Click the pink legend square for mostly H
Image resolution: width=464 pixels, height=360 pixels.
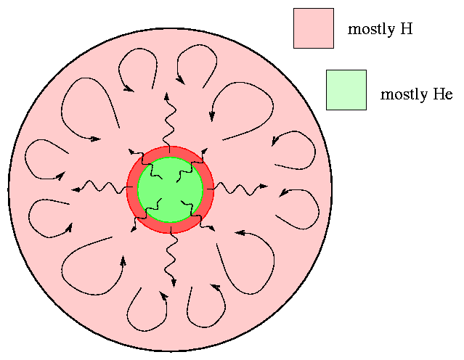[314, 28]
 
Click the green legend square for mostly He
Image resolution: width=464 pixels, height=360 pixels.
[346, 90]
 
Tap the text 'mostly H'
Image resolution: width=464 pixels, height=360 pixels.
[380, 29]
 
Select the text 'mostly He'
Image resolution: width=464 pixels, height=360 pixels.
[416, 94]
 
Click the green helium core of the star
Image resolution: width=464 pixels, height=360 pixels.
[170, 189]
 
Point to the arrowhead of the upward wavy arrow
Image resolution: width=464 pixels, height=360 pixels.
[167, 96]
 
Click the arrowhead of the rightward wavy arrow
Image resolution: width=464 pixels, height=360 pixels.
[264, 187]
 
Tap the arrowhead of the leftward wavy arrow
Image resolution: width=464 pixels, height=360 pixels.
[76, 189]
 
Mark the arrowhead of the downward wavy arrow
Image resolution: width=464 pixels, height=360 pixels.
[174, 283]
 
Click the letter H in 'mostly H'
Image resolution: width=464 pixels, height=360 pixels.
[407, 29]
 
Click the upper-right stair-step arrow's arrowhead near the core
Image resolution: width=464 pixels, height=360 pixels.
[205, 151]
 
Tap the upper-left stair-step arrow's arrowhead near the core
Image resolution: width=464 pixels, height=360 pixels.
[131, 151]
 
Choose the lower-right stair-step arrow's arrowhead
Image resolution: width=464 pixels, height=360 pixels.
[212, 228]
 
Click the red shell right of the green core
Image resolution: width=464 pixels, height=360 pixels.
[208, 189]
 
